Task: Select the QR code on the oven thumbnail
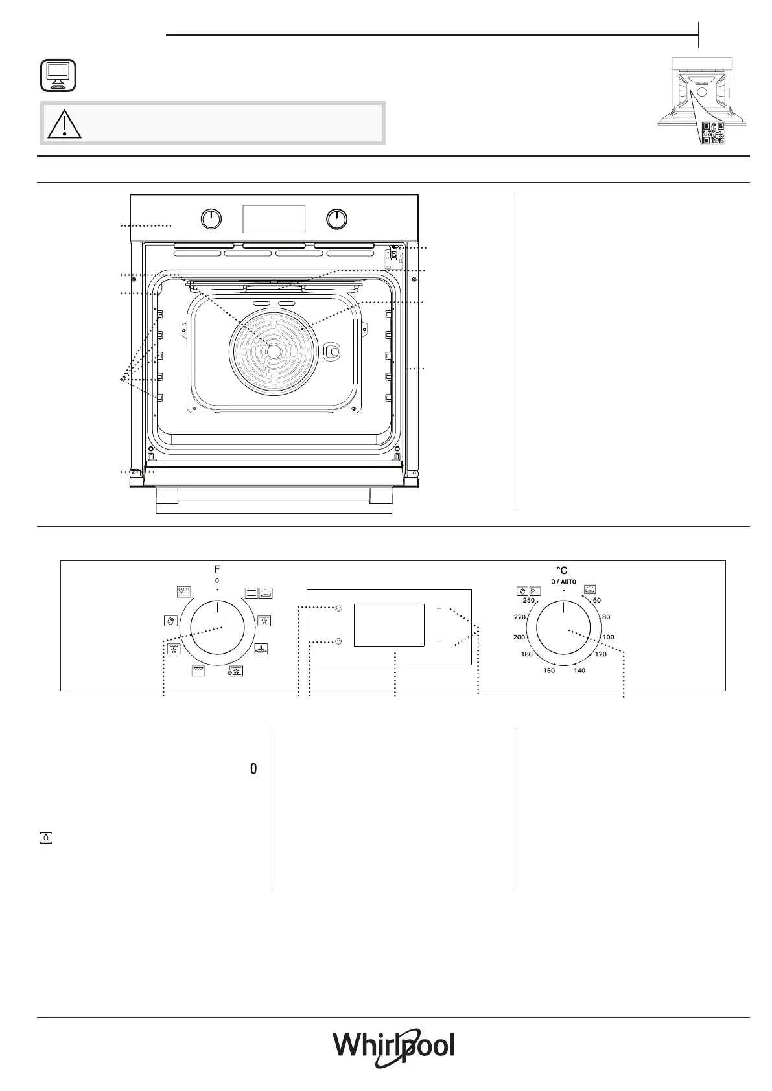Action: click(x=713, y=132)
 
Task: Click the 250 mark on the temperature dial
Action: click(x=529, y=601)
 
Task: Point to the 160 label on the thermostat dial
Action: click(x=549, y=671)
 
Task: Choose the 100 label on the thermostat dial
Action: click(x=608, y=637)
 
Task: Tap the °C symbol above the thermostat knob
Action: click(x=562, y=571)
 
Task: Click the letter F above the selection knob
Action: click(x=217, y=569)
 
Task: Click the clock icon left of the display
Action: click(x=338, y=641)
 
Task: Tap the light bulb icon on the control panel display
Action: click(x=338, y=608)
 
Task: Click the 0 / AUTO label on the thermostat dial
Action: click(x=563, y=582)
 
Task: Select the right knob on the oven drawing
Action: click(x=336, y=220)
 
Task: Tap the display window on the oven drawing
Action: click(x=274, y=219)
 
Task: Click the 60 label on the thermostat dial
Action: click(x=597, y=601)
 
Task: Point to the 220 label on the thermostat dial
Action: click(x=520, y=617)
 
